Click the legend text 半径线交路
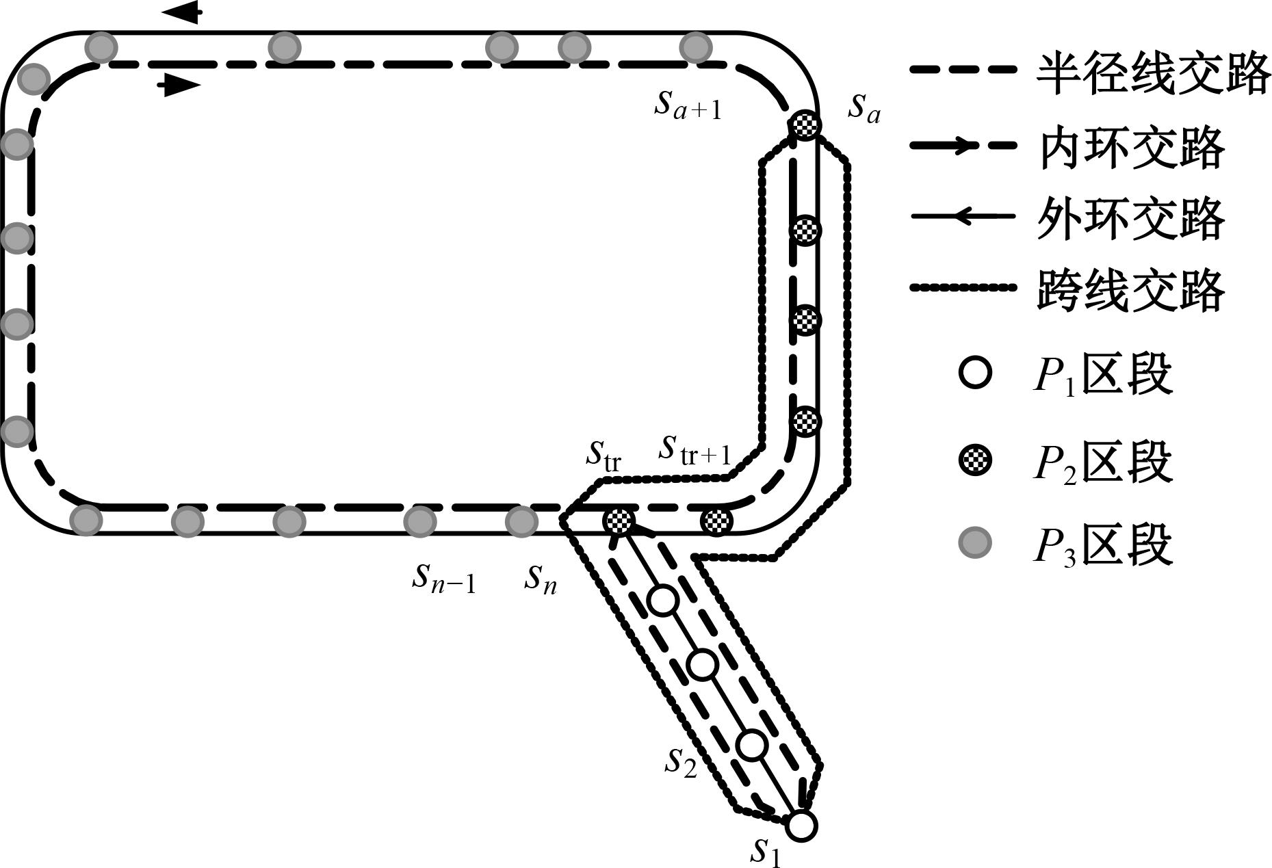(x=1153, y=74)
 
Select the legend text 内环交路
(x=1130, y=147)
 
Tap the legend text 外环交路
(x=1130, y=218)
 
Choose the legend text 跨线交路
(x=1130, y=290)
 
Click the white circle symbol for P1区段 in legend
(x=974, y=373)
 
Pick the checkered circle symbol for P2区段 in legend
(x=974, y=460)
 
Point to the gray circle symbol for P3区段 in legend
(x=974, y=543)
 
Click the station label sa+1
(x=688, y=105)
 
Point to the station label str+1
(x=695, y=449)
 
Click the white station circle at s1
(x=801, y=826)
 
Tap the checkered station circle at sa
(x=805, y=125)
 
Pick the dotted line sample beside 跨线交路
(x=961, y=288)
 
